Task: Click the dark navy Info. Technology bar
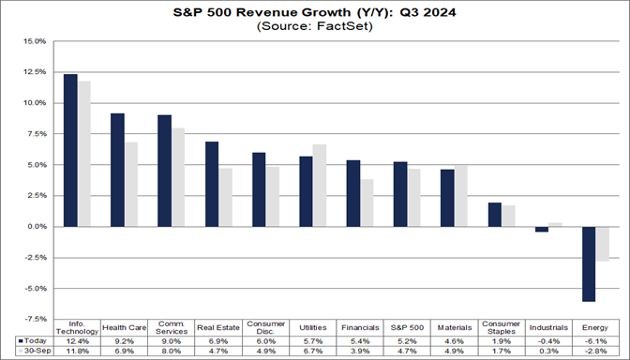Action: click(x=70, y=150)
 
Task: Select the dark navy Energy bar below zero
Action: click(x=588, y=263)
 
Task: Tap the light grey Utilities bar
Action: click(x=320, y=186)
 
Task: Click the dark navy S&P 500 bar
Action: click(x=400, y=194)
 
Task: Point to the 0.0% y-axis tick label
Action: click(x=35, y=227)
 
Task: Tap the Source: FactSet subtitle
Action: click(x=314, y=27)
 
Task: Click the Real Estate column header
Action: click(x=218, y=328)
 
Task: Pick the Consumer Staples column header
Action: click(x=502, y=328)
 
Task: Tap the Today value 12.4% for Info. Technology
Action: click(x=77, y=340)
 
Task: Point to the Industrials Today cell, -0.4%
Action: click(x=548, y=340)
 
